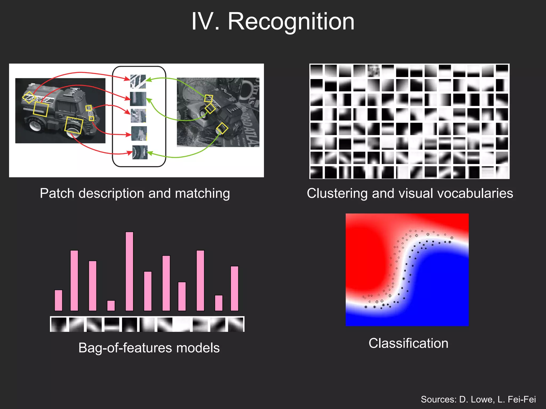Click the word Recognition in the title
pos(291,21)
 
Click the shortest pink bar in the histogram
pos(111,305)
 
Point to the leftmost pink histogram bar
pos(58,300)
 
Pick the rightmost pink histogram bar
pos(234,288)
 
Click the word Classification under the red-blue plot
pos(408,343)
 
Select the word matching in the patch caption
pos(202,193)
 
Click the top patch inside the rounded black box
pos(138,81)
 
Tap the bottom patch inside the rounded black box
pos(140,152)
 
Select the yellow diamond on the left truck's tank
pos(29,97)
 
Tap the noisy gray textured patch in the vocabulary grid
pos(374,71)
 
